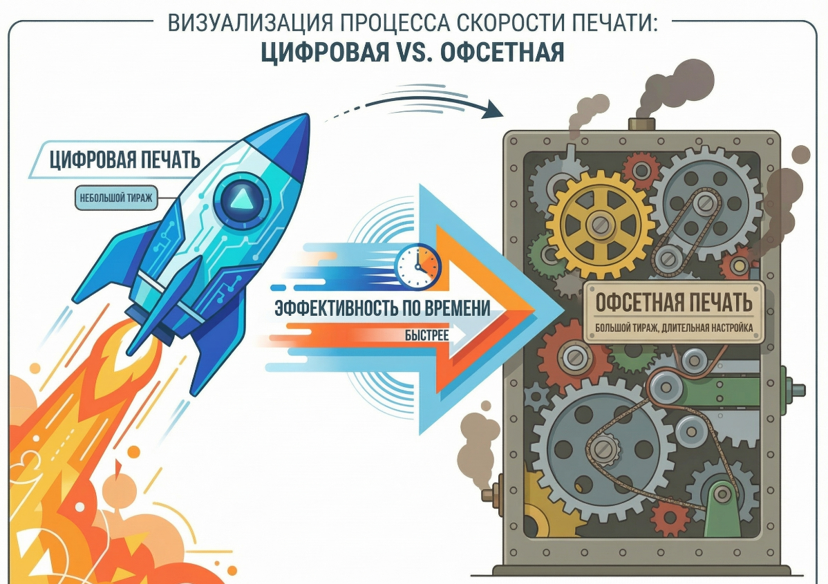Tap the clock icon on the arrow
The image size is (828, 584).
click(417, 266)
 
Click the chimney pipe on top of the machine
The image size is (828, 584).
click(641, 124)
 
